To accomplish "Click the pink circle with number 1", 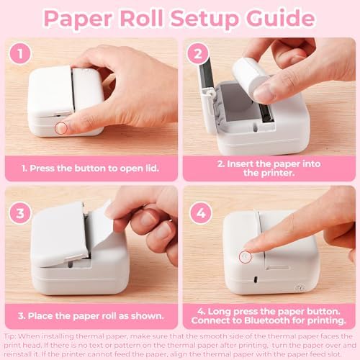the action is coord(20,54).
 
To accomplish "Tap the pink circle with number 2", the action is coord(198,54).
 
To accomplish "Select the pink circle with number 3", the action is coord(20,213).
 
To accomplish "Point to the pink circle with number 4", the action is coord(201,213).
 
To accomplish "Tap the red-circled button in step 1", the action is coord(60,127).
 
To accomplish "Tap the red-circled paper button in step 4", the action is coord(246,257).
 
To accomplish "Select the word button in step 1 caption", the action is coord(90,168).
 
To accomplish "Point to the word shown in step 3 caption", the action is coord(147,316).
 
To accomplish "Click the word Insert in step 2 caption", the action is coord(240,164).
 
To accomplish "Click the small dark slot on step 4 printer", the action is coord(256,279).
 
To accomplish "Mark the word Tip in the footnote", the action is coord(9,336).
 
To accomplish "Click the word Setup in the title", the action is coord(204,19).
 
